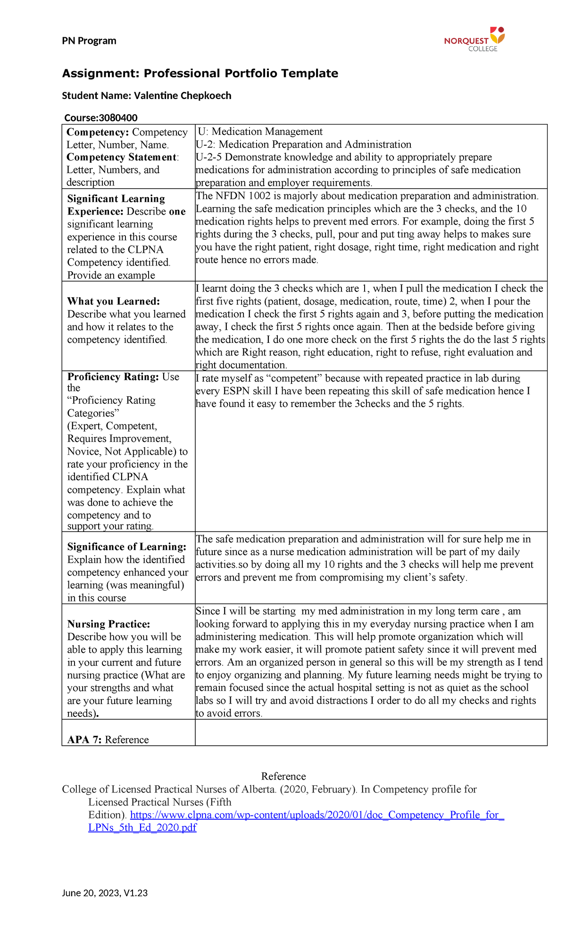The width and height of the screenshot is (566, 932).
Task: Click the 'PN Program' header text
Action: coord(89,41)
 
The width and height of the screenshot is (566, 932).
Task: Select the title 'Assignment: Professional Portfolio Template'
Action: coord(200,74)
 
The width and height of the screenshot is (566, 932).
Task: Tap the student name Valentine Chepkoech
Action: coord(183,96)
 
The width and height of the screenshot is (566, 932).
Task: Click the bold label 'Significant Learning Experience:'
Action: coord(116,205)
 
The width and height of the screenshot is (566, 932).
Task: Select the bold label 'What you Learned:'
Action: coord(114,301)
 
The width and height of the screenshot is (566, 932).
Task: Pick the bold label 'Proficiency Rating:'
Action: coord(113,377)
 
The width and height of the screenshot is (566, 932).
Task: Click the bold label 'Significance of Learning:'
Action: coord(126,547)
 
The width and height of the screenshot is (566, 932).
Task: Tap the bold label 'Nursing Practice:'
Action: coord(108,624)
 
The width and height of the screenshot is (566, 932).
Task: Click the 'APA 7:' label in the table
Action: coord(84,740)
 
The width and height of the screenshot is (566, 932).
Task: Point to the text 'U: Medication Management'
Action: coord(260,132)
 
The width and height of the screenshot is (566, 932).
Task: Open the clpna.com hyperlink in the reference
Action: coord(317,815)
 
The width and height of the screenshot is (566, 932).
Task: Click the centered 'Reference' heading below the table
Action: coord(283,776)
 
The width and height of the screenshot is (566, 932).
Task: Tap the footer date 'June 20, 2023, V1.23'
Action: coord(105,893)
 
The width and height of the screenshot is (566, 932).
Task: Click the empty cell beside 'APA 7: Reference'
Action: coord(371,732)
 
